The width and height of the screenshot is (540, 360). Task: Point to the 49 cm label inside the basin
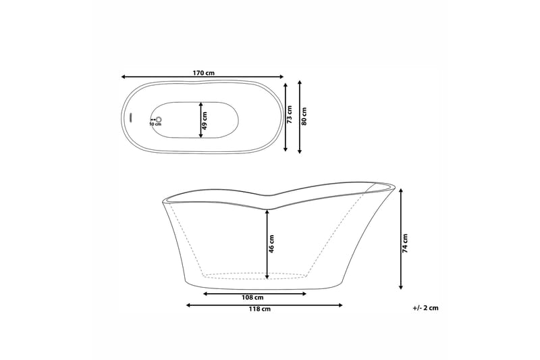click(x=205, y=120)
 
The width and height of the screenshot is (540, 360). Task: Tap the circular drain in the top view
click(x=159, y=118)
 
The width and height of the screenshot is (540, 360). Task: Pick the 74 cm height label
click(x=405, y=243)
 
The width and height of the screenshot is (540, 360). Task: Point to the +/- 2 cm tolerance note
click(x=425, y=308)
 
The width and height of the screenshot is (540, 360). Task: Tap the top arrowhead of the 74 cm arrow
click(x=401, y=190)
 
